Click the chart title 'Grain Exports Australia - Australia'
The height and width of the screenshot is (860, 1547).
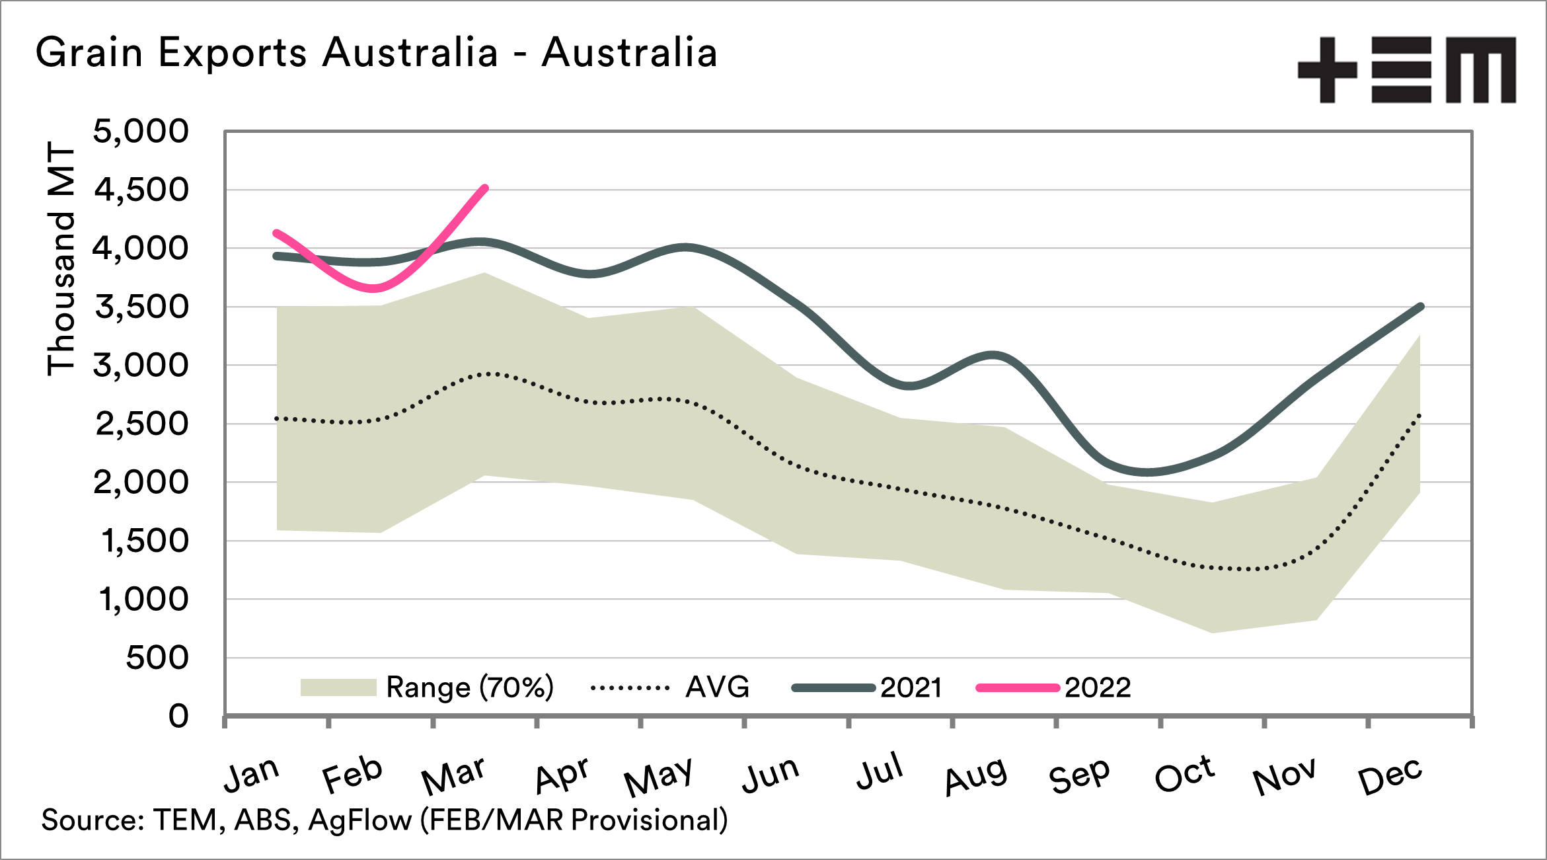376,53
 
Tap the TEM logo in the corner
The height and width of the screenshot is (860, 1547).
1406,70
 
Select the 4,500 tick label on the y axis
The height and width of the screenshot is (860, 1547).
141,190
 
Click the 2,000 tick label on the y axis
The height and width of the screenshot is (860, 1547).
141,483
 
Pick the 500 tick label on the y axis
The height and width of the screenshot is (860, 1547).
157,658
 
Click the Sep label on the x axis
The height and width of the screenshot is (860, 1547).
1079,775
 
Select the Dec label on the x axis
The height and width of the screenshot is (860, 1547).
1390,775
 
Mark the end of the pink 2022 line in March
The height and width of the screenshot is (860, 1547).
486,188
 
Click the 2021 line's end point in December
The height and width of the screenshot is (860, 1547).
1421,307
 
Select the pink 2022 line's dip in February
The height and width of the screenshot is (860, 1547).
375,288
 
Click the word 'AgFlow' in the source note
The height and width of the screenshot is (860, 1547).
360,820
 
